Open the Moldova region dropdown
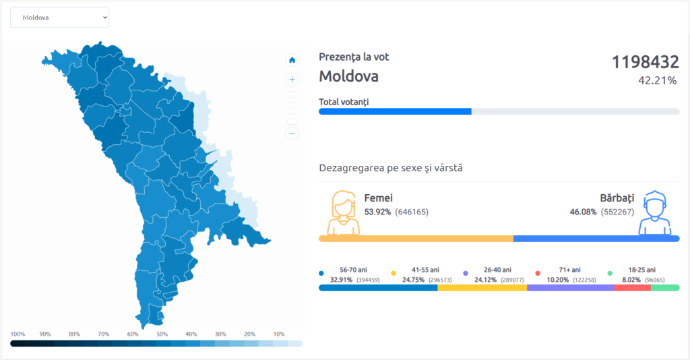59,18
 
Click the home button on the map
292,59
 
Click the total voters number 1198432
645,63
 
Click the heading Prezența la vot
354,57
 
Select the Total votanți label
344,102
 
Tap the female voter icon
343,212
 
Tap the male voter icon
655,212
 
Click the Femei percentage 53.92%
377,212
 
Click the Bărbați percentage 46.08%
583,212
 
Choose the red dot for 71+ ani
538,274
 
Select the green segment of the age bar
664,288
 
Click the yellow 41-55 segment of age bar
482,288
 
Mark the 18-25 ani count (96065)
654,279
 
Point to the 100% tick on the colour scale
18,334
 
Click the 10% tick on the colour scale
278,334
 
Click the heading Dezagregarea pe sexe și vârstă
390,167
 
